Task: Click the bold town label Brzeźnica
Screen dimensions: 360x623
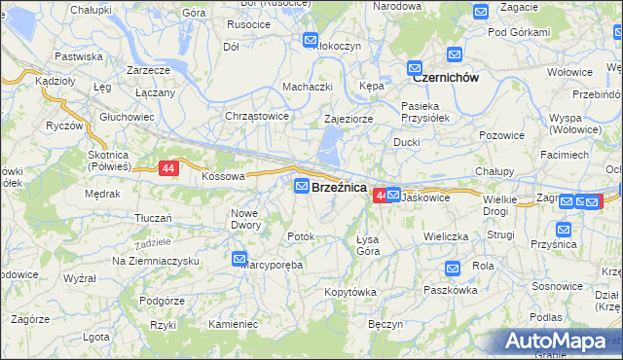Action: pyautogui.click(x=339, y=187)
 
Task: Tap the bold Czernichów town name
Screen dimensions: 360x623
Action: pyautogui.click(x=445, y=77)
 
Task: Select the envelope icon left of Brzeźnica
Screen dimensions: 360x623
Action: pyautogui.click(x=302, y=186)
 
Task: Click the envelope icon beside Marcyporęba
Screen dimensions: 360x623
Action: pyautogui.click(x=239, y=259)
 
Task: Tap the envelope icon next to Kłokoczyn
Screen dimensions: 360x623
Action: pyautogui.click(x=311, y=41)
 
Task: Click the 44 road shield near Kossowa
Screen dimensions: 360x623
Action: pyautogui.click(x=169, y=168)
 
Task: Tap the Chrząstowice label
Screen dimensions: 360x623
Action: pyautogui.click(x=257, y=116)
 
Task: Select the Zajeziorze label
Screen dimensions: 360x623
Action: pyautogui.click(x=349, y=119)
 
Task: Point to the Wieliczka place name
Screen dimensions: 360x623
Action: pyautogui.click(x=446, y=236)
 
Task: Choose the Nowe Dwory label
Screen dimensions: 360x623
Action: pyautogui.click(x=246, y=219)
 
